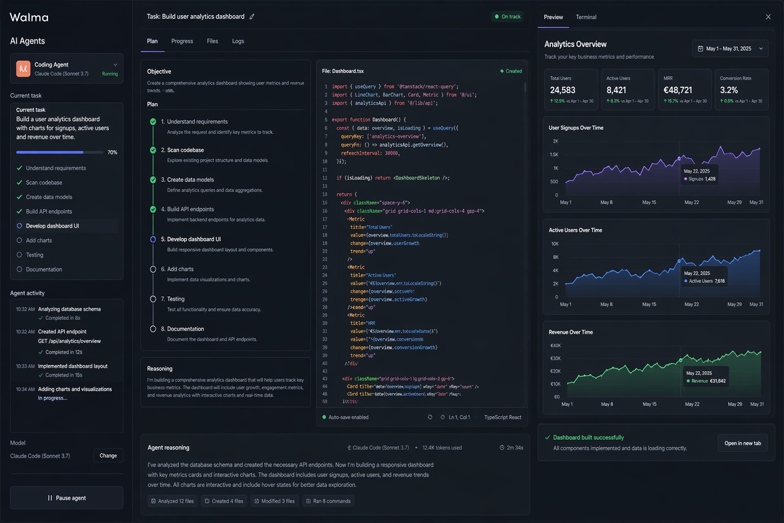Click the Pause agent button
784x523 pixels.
pyautogui.click(x=66, y=498)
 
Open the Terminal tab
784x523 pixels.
pyautogui.click(x=586, y=17)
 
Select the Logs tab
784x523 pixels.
pyautogui.click(x=238, y=41)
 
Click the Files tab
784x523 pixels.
pyautogui.click(x=212, y=41)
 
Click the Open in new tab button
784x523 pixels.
pyautogui.click(x=742, y=443)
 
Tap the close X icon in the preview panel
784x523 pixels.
pyautogui.click(x=768, y=17)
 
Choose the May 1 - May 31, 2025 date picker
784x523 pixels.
pyautogui.click(x=730, y=49)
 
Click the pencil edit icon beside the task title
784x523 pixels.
pyautogui.click(x=252, y=17)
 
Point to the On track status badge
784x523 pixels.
pyautogui.click(x=507, y=17)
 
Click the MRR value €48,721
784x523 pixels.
pyautogui.click(x=678, y=90)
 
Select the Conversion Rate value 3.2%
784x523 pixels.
pyautogui.click(x=729, y=90)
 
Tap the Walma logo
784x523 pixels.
pyautogui.click(x=29, y=17)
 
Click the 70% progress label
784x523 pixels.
pyautogui.click(x=112, y=153)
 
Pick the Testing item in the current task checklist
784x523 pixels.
pyautogui.click(x=35, y=255)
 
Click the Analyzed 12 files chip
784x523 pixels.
pyautogui.click(x=172, y=501)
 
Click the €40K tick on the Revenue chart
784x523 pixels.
pyautogui.click(x=555, y=346)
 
